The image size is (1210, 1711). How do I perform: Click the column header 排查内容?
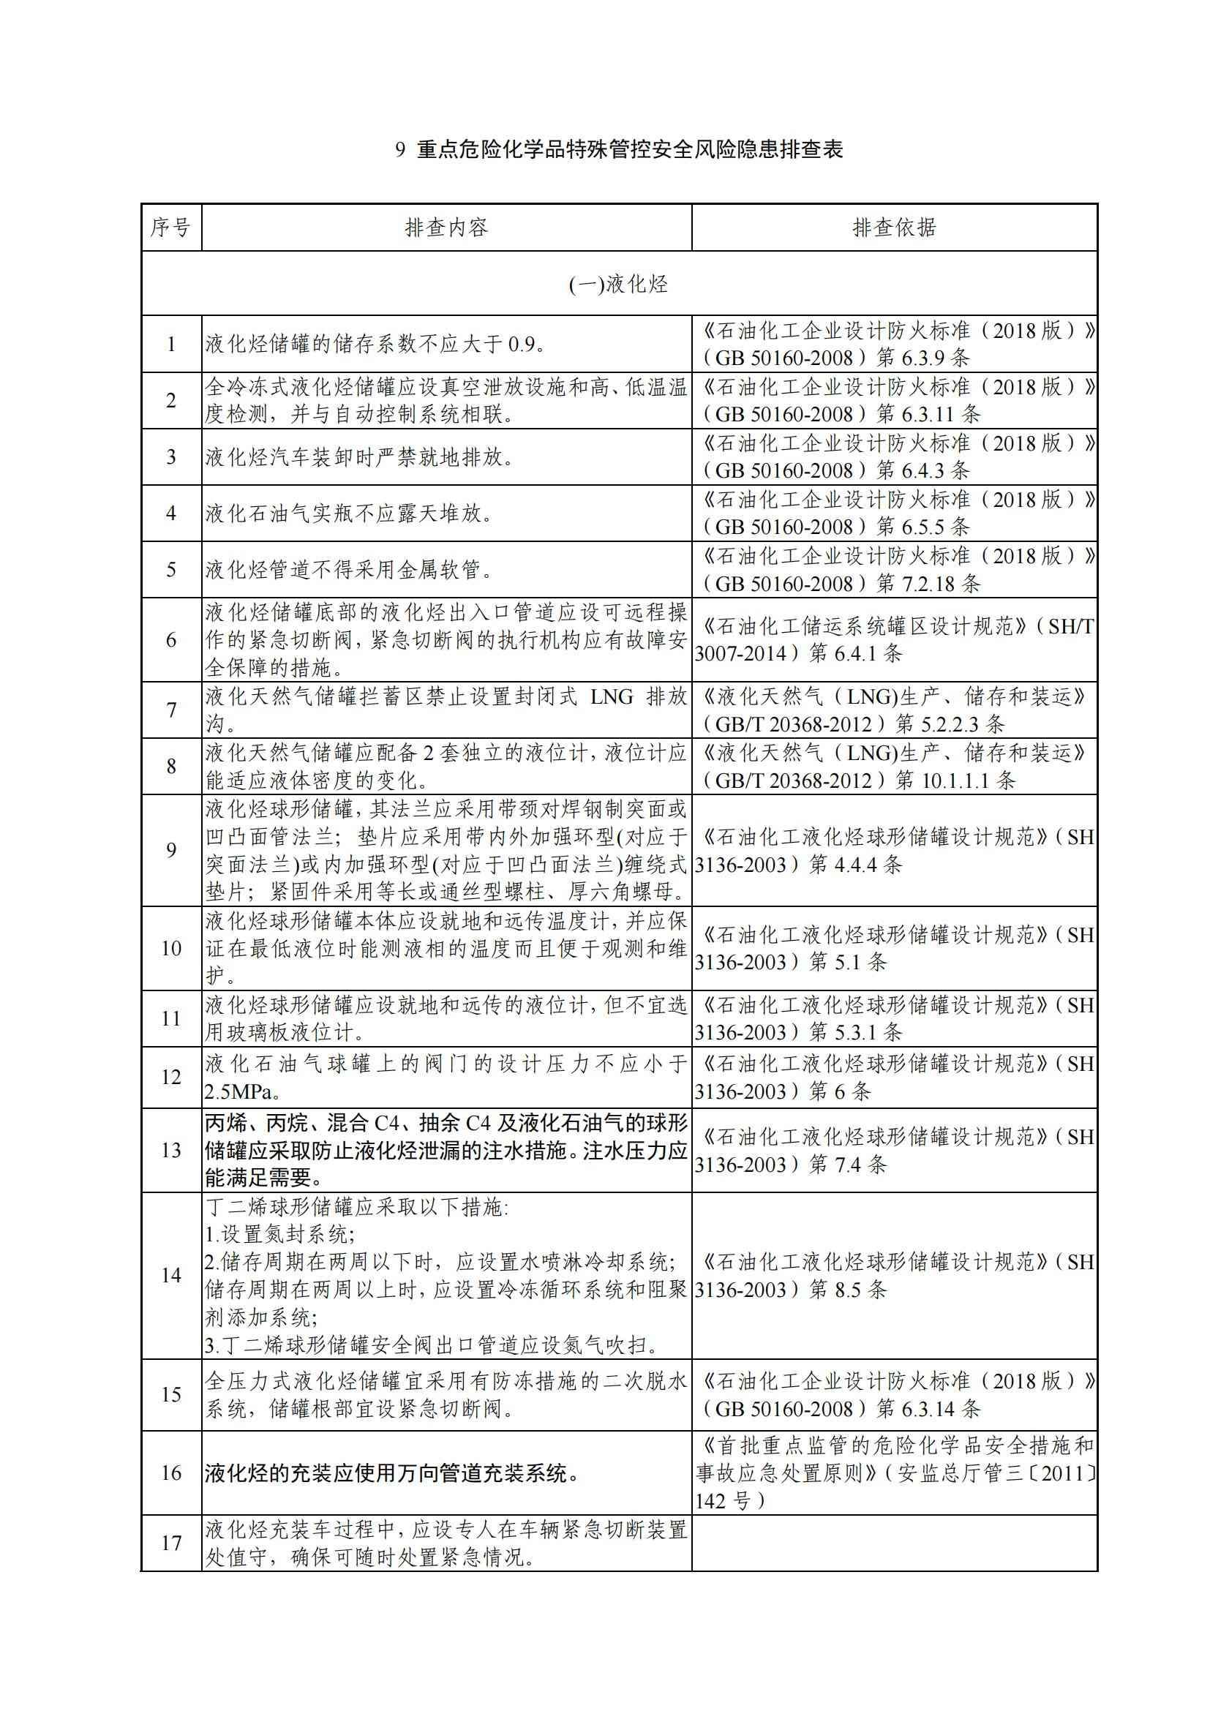click(446, 228)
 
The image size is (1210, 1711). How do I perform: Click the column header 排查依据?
click(894, 228)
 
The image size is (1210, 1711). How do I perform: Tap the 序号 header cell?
click(170, 228)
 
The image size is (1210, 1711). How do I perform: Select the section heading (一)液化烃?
click(618, 284)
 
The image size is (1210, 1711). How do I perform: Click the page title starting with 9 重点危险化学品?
click(619, 150)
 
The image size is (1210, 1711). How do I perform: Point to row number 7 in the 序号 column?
click(171, 710)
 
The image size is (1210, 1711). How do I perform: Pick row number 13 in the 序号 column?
click(171, 1151)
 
